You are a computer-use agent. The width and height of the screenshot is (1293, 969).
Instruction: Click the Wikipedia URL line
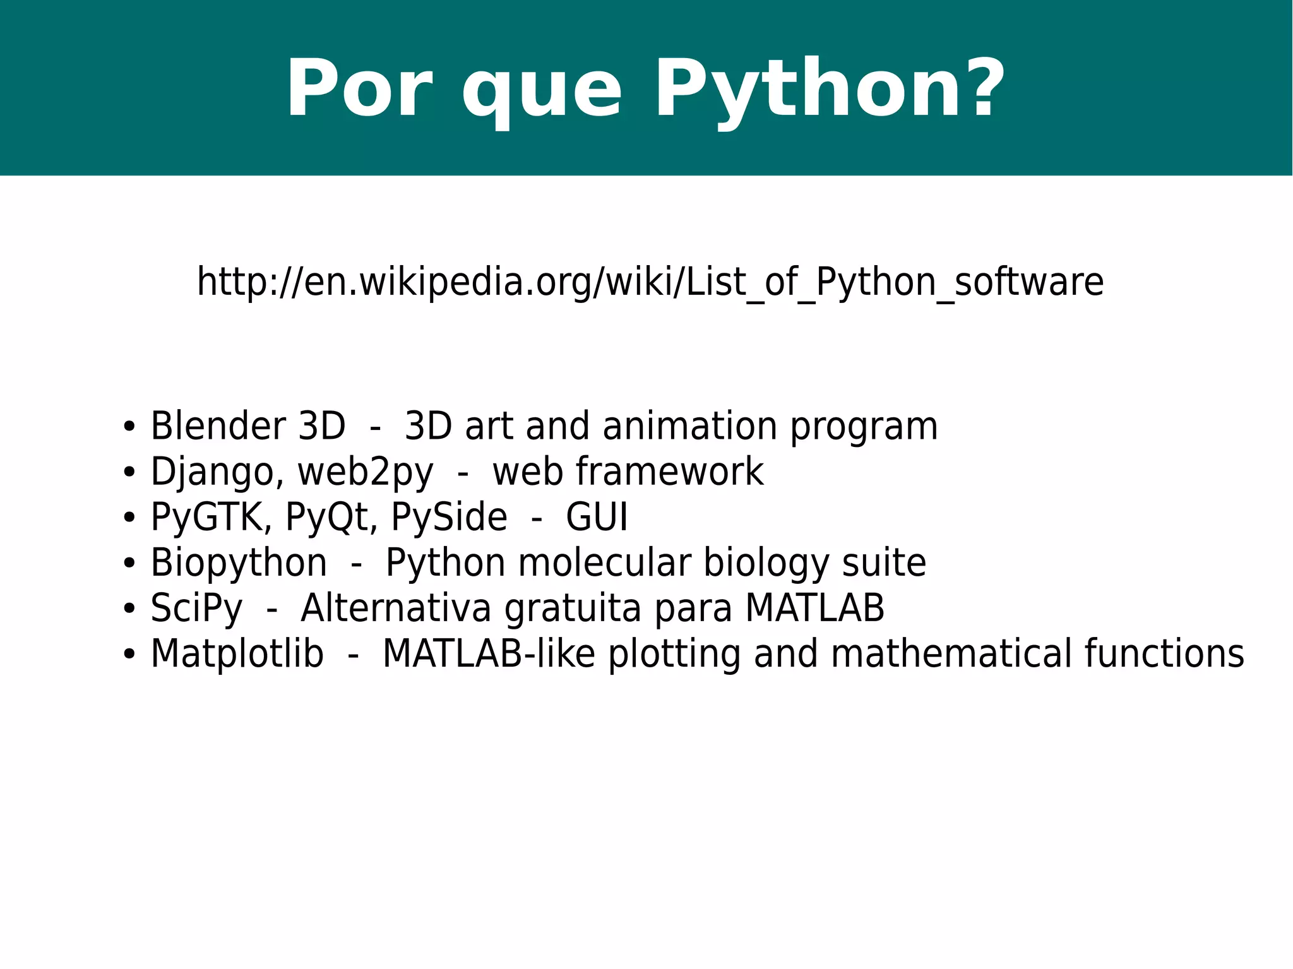[650, 282]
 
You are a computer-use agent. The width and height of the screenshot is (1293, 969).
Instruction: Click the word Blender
[218, 426]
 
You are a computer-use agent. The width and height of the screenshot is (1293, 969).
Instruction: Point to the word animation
[689, 426]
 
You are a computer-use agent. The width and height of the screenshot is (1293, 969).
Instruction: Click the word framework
[669, 472]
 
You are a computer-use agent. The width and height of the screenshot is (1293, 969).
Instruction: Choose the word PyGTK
[206, 518]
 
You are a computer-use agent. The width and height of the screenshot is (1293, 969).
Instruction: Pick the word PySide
[449, 518]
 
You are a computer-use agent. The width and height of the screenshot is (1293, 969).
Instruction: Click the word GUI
[597, 518]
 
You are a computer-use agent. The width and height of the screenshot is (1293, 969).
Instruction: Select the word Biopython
[239, 563]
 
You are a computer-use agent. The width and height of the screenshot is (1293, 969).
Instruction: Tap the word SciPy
[196, 609]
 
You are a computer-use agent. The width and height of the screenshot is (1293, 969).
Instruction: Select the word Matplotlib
[237, 654]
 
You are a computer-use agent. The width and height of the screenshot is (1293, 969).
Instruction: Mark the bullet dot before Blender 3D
[129, 427]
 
